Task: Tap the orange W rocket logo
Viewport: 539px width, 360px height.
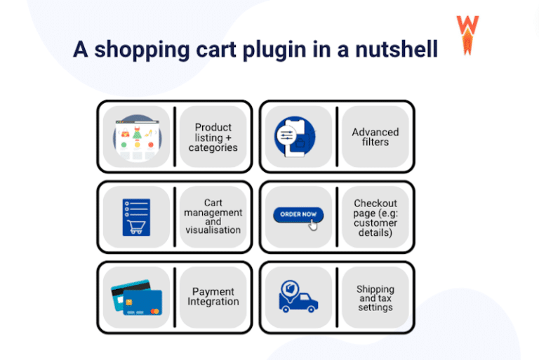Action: (x=467, y=34)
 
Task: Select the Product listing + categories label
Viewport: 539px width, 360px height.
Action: (x=213, y=138)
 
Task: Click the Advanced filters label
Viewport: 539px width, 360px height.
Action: (x=375, y=137)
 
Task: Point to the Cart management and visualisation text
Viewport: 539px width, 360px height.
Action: (x=213, y=216)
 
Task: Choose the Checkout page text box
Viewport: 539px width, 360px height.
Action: (x=375, y=218)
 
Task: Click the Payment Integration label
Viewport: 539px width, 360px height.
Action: (x=213, y=297)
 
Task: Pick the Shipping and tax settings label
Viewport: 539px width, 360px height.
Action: (x=375, y=298)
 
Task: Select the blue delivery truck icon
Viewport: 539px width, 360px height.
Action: (x=298, y=302)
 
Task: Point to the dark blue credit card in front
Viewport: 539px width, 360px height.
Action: (x=143, y=302)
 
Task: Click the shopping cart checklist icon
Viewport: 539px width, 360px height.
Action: (x=136, y=216)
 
